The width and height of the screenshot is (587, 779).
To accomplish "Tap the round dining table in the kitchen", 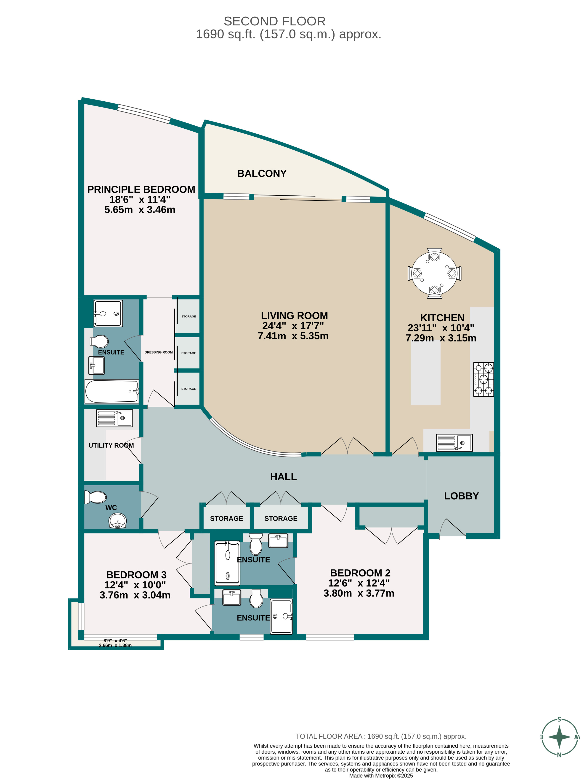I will [x=434, y=273].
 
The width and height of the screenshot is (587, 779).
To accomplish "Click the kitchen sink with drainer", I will [x=454, y=443].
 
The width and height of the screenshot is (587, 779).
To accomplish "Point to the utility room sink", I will [x=115, y=418].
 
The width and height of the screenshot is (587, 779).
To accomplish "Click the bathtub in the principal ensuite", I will [x=112, y=391].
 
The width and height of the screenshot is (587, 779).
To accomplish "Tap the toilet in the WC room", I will [x=96, y=497].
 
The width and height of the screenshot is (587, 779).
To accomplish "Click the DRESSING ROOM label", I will [x=159, y=352].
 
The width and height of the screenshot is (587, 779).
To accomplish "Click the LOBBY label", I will [x=461, y=496].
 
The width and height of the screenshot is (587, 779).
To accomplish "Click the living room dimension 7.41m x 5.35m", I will [x=293, y=336].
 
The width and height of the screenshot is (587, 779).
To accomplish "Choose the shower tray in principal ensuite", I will [x=108, y=314].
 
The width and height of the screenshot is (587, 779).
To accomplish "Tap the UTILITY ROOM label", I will [x=111, y=446].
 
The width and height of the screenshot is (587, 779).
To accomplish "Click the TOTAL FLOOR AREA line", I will [x=381, y=736].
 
